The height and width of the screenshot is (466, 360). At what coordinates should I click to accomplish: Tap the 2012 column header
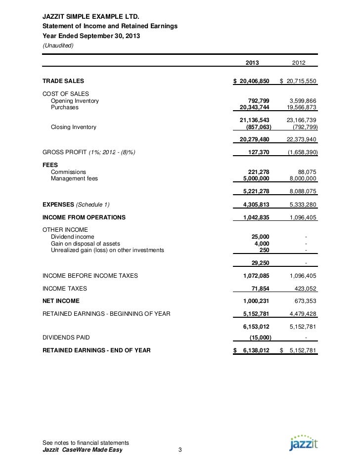pyautogui.click(x=299, y=63)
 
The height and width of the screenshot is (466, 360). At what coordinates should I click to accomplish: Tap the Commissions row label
pyautogui.click(x=68, y=171)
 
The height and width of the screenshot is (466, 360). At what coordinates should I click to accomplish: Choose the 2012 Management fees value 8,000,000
pyautogui.click(x=300, y=178)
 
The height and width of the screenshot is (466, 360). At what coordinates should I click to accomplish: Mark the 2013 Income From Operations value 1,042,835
pyautogui.click(x=255, y=217)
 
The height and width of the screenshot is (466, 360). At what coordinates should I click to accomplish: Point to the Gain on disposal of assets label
pyautogui.click(x=85, y=244)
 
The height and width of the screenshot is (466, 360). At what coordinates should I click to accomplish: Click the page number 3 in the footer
pyautogui.click(x=180, y=450)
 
